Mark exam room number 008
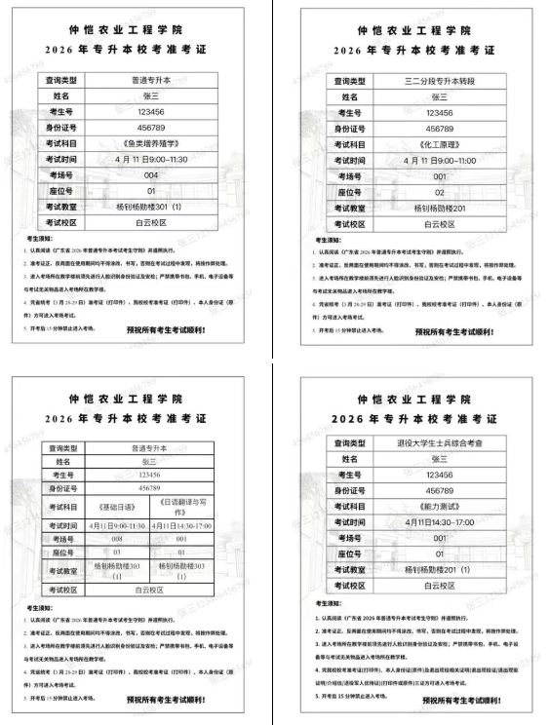point(118,538)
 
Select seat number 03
point(118,552)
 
